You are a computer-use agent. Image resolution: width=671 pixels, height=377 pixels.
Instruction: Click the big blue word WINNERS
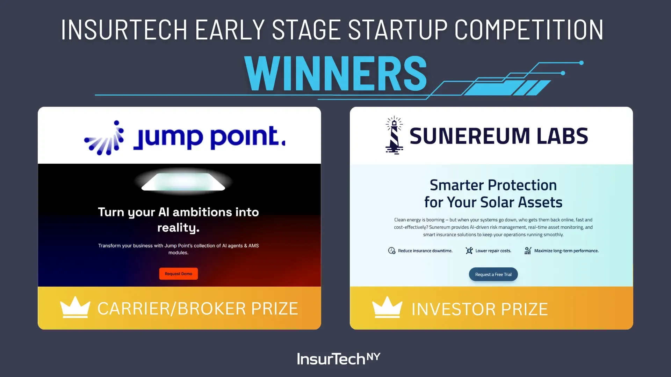coord(335,73)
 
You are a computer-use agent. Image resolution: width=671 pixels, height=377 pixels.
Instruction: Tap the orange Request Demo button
coord(179,274)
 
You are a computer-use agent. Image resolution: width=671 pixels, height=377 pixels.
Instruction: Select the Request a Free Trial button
coord(493,274)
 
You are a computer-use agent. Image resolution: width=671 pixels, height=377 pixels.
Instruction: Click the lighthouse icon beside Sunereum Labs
coord(394,135)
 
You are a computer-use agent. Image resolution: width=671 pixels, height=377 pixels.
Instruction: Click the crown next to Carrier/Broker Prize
coord(75,307)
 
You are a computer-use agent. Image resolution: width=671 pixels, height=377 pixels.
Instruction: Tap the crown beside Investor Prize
coord(387,307)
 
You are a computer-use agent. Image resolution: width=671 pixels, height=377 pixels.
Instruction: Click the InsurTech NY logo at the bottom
coord(339,358)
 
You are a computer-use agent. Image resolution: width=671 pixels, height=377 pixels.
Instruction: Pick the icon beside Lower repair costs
coord(469,251)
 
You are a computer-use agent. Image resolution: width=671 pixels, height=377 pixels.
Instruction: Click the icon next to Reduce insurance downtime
coord(392,251)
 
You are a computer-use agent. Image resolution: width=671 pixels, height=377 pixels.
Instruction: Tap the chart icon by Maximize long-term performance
coord(528,251)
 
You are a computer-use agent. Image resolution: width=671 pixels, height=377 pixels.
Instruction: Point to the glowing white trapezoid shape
coord(183,182)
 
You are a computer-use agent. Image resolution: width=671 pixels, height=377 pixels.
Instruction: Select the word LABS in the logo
coord(562,136)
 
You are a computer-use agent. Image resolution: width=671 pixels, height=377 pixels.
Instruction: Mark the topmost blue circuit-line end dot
coord(582,63)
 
